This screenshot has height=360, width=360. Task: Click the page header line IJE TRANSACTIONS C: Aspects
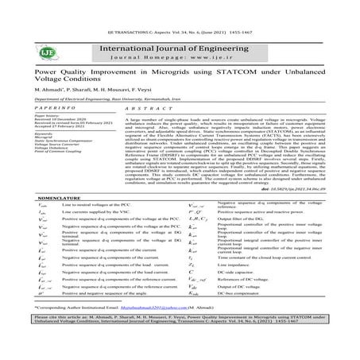tap(180, 6)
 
